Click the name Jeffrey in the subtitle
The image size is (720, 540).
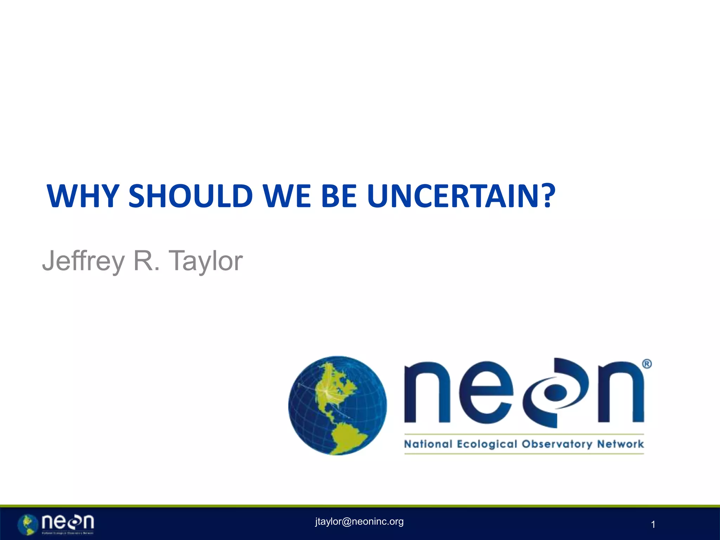pos(83,261)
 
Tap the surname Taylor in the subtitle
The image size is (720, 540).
pos(206,261)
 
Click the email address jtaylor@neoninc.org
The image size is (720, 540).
pos(359,521)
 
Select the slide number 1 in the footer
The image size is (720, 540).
pos(653,525)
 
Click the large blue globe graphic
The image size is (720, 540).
pos(337,405)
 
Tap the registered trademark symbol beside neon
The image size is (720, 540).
pos(647,364)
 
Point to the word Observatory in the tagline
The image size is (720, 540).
pos(557,444)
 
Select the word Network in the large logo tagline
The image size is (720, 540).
pos(621,444)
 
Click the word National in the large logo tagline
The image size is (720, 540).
pos(428,444)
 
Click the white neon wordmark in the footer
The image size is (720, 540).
pos(67,522)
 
